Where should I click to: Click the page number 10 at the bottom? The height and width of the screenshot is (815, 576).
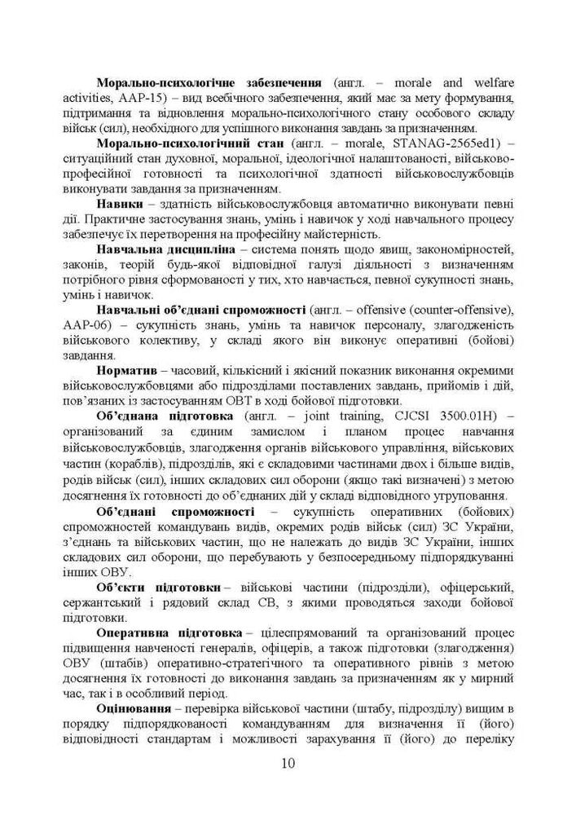[x=288, y=764]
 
